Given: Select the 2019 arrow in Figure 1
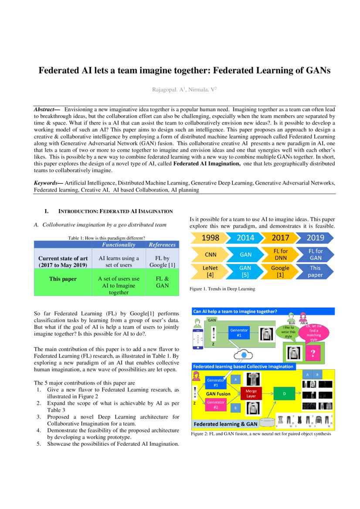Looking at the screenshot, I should (x=315, y=238).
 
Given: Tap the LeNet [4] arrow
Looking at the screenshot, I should (x=211, y=271).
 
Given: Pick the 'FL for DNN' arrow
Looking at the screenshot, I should (x=280, y=254).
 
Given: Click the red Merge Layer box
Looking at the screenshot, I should (x=251, y=394).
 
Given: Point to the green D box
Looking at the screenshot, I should (x=284, y=394).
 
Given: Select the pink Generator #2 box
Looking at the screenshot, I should (x=215, y=405).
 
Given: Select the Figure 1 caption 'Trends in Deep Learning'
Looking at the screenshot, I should (x=222, y=289).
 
